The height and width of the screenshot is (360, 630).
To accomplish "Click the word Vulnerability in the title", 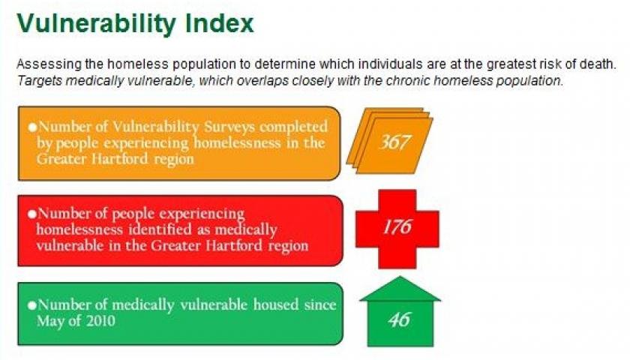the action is pos(96,23).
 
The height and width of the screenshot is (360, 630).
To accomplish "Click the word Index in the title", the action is pos(220,23).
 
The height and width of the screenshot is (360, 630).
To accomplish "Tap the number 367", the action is pos(394,142).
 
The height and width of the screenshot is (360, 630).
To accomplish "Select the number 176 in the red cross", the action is pos(397,226).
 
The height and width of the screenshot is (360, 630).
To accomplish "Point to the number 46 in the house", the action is pos(399,319).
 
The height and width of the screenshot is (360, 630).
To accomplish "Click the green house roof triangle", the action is pos(400,289).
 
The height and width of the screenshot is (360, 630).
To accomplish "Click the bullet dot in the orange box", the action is pos(32,127).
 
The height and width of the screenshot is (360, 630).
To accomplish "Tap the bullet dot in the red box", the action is pos(32,214).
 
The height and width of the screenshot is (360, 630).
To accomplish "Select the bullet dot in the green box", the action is pos(32,305).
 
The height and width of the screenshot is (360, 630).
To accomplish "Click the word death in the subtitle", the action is pos(598,64).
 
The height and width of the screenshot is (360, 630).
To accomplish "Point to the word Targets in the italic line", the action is pos(39,81).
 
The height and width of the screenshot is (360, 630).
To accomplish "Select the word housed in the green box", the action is pos(276,304).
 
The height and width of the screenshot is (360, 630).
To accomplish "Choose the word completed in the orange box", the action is pos(293,127).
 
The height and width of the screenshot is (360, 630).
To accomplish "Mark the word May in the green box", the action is pos(49,322).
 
